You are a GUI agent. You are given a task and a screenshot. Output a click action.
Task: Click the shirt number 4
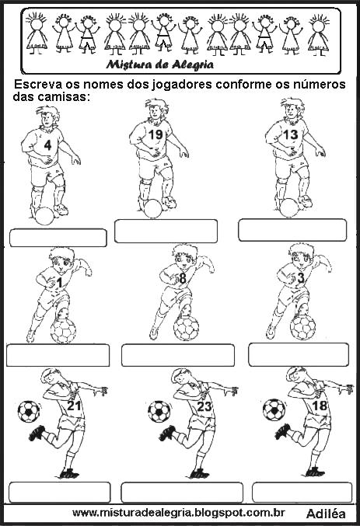[x=47, y=145]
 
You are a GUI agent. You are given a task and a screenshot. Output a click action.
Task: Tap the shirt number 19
[x=156, y=134]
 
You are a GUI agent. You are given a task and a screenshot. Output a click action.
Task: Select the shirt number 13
[x=291, y=134]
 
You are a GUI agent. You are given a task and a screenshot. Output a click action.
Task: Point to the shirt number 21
[x=74, y=406]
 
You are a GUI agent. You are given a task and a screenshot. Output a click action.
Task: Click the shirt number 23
[x=204, y=406]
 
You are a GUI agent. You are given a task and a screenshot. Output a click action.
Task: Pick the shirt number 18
[x=320, y=406]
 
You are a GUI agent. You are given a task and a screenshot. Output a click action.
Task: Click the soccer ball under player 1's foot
[x=63, y=330]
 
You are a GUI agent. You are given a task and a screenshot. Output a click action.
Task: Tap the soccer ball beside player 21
[x=29, y=411]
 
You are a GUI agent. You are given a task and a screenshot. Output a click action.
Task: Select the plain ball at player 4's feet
[x=44, y=216]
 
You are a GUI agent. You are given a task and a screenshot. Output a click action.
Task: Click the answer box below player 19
[x=166, y=231]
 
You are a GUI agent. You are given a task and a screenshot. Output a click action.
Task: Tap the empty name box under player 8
[x=178, y=355]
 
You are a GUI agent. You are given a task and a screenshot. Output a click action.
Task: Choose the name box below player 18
[x=302, y=493]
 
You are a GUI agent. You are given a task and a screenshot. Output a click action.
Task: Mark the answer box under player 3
[x=299, y=354]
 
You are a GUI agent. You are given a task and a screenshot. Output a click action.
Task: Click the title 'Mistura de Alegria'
[x=160, y=64]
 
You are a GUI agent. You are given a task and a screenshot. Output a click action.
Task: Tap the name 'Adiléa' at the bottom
[x=326, y=514]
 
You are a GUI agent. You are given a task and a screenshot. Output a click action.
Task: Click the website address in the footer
[x=179, y=513]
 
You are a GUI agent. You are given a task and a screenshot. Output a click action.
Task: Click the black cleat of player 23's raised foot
[x=167, y=433]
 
